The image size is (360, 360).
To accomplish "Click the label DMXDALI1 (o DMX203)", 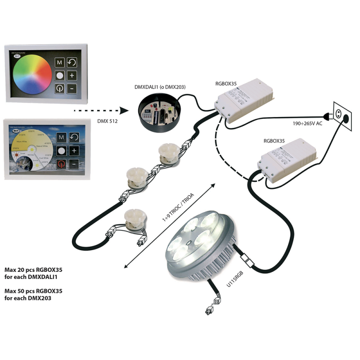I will pos(160,86).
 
